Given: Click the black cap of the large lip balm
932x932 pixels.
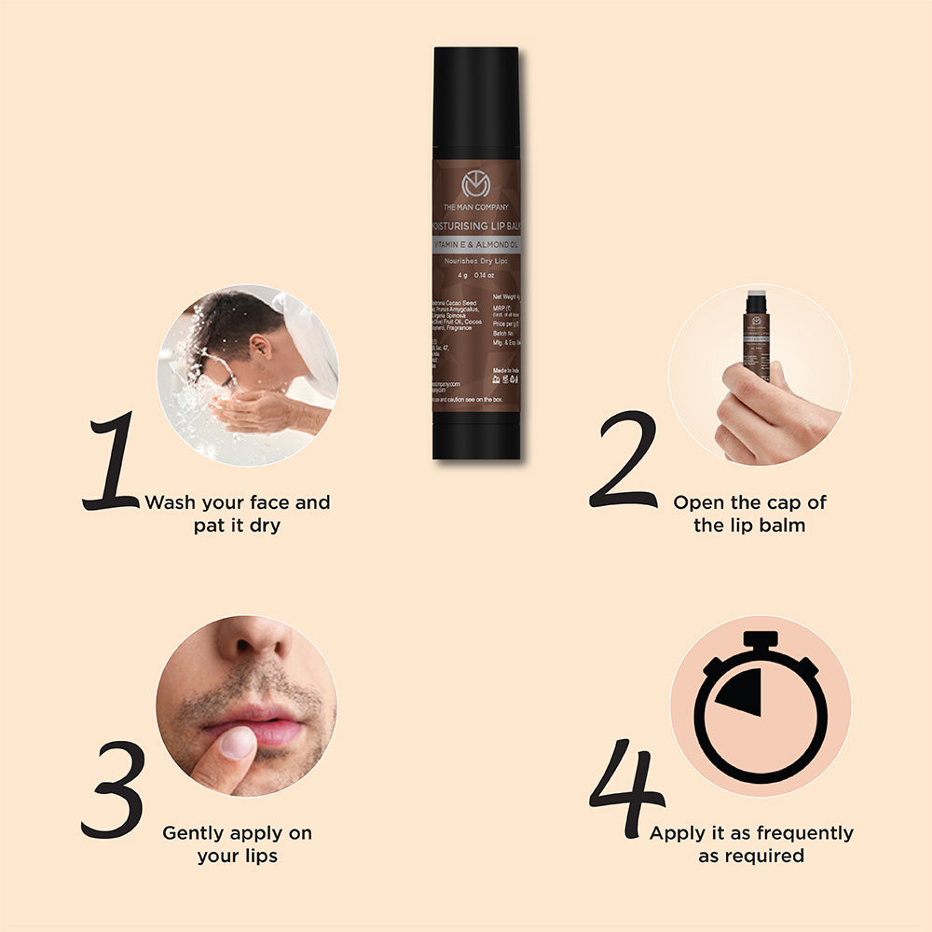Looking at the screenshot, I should pos(475,103).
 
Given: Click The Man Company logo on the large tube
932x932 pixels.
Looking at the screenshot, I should pos(475,185).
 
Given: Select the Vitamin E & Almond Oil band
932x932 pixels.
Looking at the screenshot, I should pos(475,242).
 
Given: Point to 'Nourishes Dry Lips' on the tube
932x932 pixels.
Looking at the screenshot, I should pos(475,262).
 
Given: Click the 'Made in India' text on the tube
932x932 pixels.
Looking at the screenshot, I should pos(504,370).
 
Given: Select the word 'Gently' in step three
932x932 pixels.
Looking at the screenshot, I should pos(194,832).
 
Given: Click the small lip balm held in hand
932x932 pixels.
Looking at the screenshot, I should pos(757,336).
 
